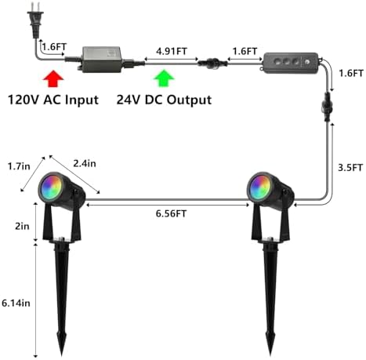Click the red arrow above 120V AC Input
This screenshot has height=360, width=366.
point(53,78)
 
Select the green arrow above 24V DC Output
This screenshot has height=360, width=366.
point(164,78)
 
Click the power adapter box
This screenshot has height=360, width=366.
point(102,60)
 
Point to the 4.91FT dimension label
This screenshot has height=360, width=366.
point(172,51)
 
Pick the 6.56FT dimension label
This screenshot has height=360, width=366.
point(171,213)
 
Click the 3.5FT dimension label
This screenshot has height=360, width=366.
point(350,167)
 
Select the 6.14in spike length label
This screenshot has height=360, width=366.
point(16,303)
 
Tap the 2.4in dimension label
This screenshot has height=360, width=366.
point(85,163)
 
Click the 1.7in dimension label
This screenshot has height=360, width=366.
point(19,166)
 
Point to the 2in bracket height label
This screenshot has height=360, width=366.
point(22,226)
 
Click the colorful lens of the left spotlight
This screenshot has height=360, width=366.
point(50,187)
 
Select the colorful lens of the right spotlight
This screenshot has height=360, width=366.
point(259,187)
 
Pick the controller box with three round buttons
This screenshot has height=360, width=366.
point(291,63)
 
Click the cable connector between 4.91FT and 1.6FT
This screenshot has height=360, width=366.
point(212,64)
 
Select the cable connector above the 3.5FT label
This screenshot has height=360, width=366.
point(328,107)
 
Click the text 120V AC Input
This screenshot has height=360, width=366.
point(53,100)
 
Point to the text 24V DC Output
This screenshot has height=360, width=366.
point(164,100)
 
